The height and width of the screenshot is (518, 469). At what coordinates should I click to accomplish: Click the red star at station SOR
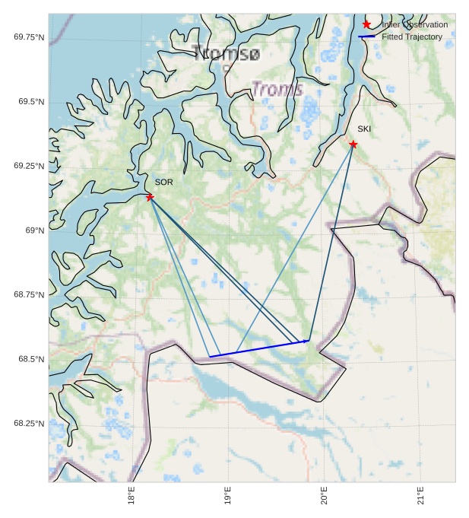click(150, 197)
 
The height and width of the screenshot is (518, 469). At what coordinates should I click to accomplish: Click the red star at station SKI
click(353, 145)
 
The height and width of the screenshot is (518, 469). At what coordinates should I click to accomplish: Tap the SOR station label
click(163, 183)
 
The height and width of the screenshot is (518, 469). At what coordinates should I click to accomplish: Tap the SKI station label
click(364, 129)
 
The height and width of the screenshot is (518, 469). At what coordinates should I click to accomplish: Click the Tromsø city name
click(226, 53)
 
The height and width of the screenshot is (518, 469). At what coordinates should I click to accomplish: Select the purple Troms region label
click(277, 89)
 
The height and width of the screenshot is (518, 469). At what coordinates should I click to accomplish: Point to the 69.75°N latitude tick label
click(29, 37)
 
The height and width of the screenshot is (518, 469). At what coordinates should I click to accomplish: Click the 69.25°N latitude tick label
click(29, 166)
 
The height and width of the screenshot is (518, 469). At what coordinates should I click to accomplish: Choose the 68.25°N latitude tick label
click(29, 424)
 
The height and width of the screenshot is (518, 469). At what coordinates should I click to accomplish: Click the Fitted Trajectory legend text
click(412, 37)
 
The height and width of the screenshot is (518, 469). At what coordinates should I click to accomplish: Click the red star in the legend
click(366, 24)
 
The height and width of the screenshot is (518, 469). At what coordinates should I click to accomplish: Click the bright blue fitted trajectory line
click(258, 348)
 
